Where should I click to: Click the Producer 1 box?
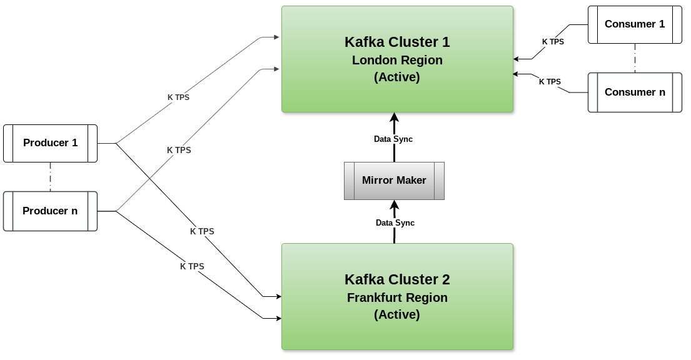tap(50, 143)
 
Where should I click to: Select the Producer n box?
tap(50, 211)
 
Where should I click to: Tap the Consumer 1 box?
tap(635, 24)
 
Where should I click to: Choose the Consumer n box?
tap(635, 92)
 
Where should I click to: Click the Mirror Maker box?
tap(394, 181)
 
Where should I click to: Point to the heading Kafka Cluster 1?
tap(397, 42)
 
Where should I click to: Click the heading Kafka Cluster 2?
tap(397, 279)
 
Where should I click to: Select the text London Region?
tap(397, 60)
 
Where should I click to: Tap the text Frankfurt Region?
tap(397, 297)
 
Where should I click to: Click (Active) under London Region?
tap(397, 77)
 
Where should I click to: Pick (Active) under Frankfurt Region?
tap(397, 314)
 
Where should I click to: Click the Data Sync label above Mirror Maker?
tap(393, 139)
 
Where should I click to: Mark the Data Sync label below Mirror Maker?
tap(395, 223)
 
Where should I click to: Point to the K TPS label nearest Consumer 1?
tap(553, 42)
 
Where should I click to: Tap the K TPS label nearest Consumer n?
tap(550, 81)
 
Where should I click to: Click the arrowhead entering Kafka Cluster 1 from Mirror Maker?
tap(395, 117)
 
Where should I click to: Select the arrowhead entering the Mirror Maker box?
tap(395, 205)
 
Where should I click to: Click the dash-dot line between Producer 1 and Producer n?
tap(50, 177)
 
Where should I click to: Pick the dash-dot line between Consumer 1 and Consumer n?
tap(635, 58)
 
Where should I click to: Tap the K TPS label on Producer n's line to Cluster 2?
tap(192, 267)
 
